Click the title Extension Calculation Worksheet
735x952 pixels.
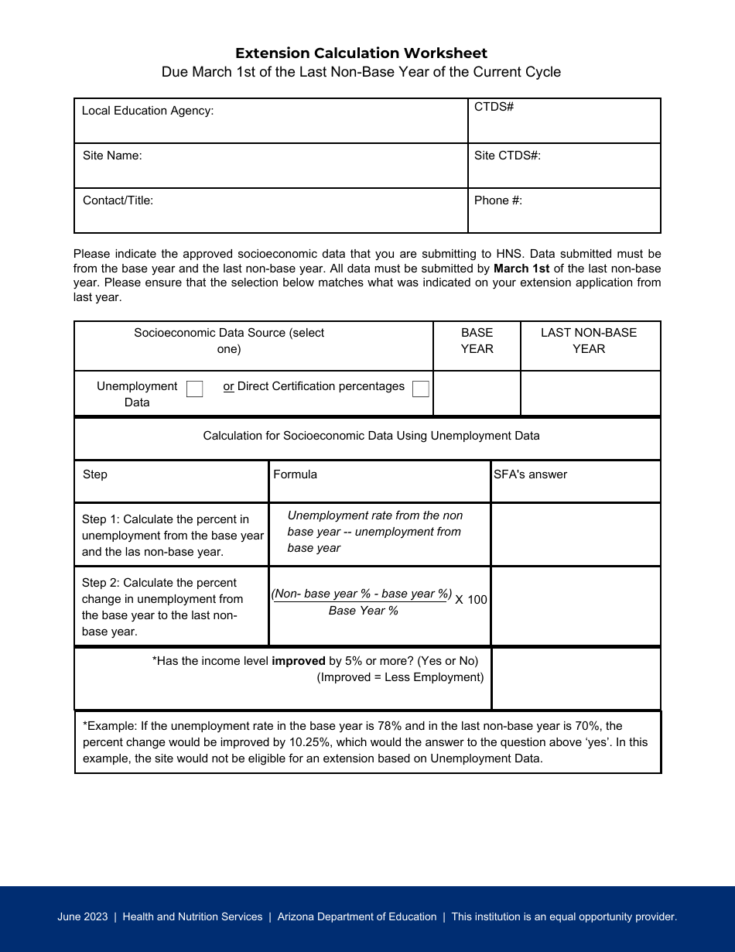click(361, 53)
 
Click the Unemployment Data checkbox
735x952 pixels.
click(195, 389)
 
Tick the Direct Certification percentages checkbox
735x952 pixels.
click(421, 389)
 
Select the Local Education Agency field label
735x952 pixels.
click(148, 111)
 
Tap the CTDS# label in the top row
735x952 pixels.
click(494, 107)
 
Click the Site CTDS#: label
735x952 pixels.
click(508, 156)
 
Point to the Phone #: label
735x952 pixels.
click(498, 200)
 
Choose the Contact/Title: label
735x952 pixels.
click(118, 200)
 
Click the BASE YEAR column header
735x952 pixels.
click(477, 341)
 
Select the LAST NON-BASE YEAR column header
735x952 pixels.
click(589, 341)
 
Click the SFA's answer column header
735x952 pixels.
click(531, 474)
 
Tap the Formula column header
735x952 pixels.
click(295, 474)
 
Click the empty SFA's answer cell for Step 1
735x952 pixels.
click(576, 534)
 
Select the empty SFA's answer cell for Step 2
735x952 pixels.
click(576, 606)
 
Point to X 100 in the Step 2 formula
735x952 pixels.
click(471, 600)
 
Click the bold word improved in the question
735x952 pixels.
click(299, 661)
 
